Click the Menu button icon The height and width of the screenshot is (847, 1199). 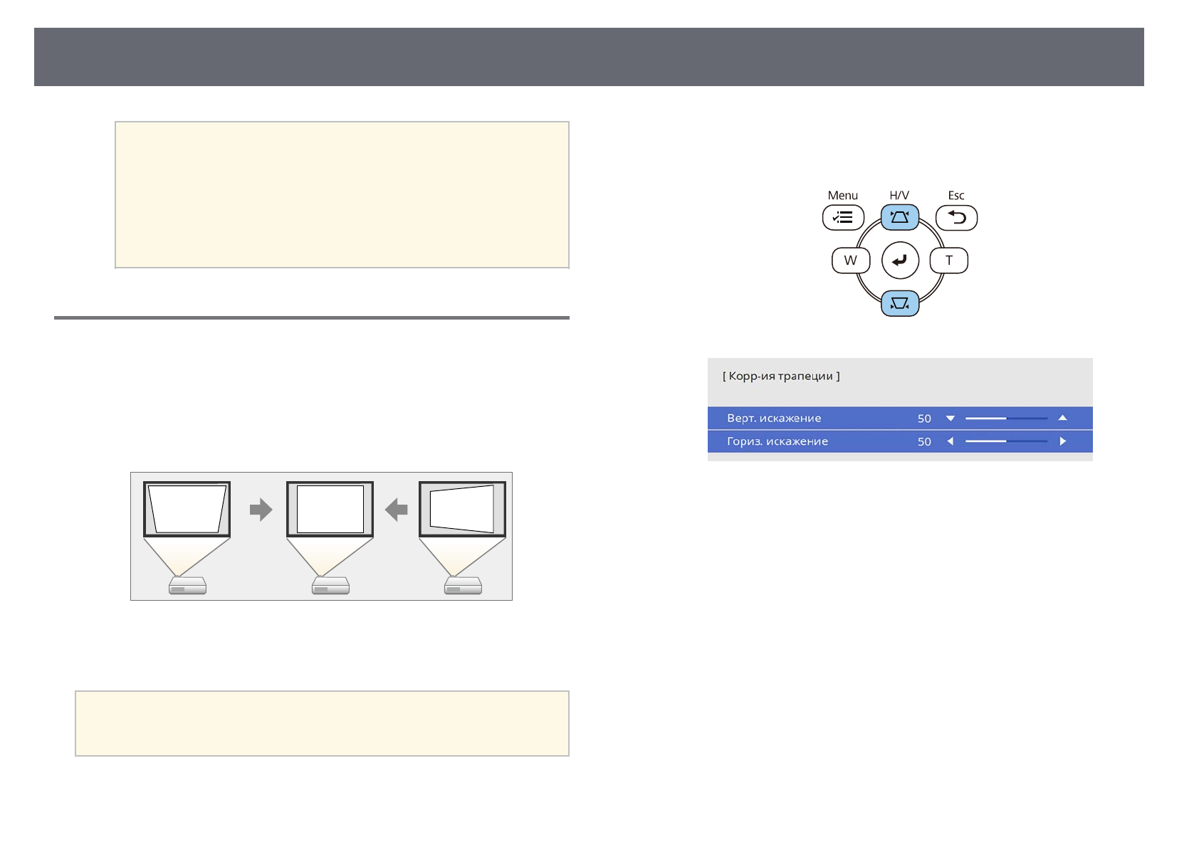point(843,218)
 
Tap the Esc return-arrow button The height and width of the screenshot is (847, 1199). point(956,218)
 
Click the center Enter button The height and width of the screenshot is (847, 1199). point(900,261)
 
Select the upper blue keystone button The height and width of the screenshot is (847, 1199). point(900,217)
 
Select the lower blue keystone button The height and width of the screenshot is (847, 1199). point(900,303)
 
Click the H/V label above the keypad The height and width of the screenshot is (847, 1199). point(899,195)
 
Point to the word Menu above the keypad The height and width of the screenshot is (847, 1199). point(843,195)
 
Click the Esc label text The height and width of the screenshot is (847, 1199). point(956,195)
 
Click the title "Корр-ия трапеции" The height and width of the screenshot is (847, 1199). point(781,376)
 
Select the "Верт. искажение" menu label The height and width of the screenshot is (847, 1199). point(774,419)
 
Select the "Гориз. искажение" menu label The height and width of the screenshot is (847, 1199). point(777,441)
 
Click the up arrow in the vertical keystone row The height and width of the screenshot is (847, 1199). point(1062,418)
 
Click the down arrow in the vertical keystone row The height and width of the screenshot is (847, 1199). point(951,419)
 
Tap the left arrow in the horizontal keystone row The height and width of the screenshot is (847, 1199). point(951,441)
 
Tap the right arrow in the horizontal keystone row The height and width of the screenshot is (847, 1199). point(1062,441)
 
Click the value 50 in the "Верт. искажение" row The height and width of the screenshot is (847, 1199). point(924,419)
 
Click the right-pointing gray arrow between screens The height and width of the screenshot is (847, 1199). point(261,510)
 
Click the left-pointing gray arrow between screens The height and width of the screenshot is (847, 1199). point(396,510)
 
